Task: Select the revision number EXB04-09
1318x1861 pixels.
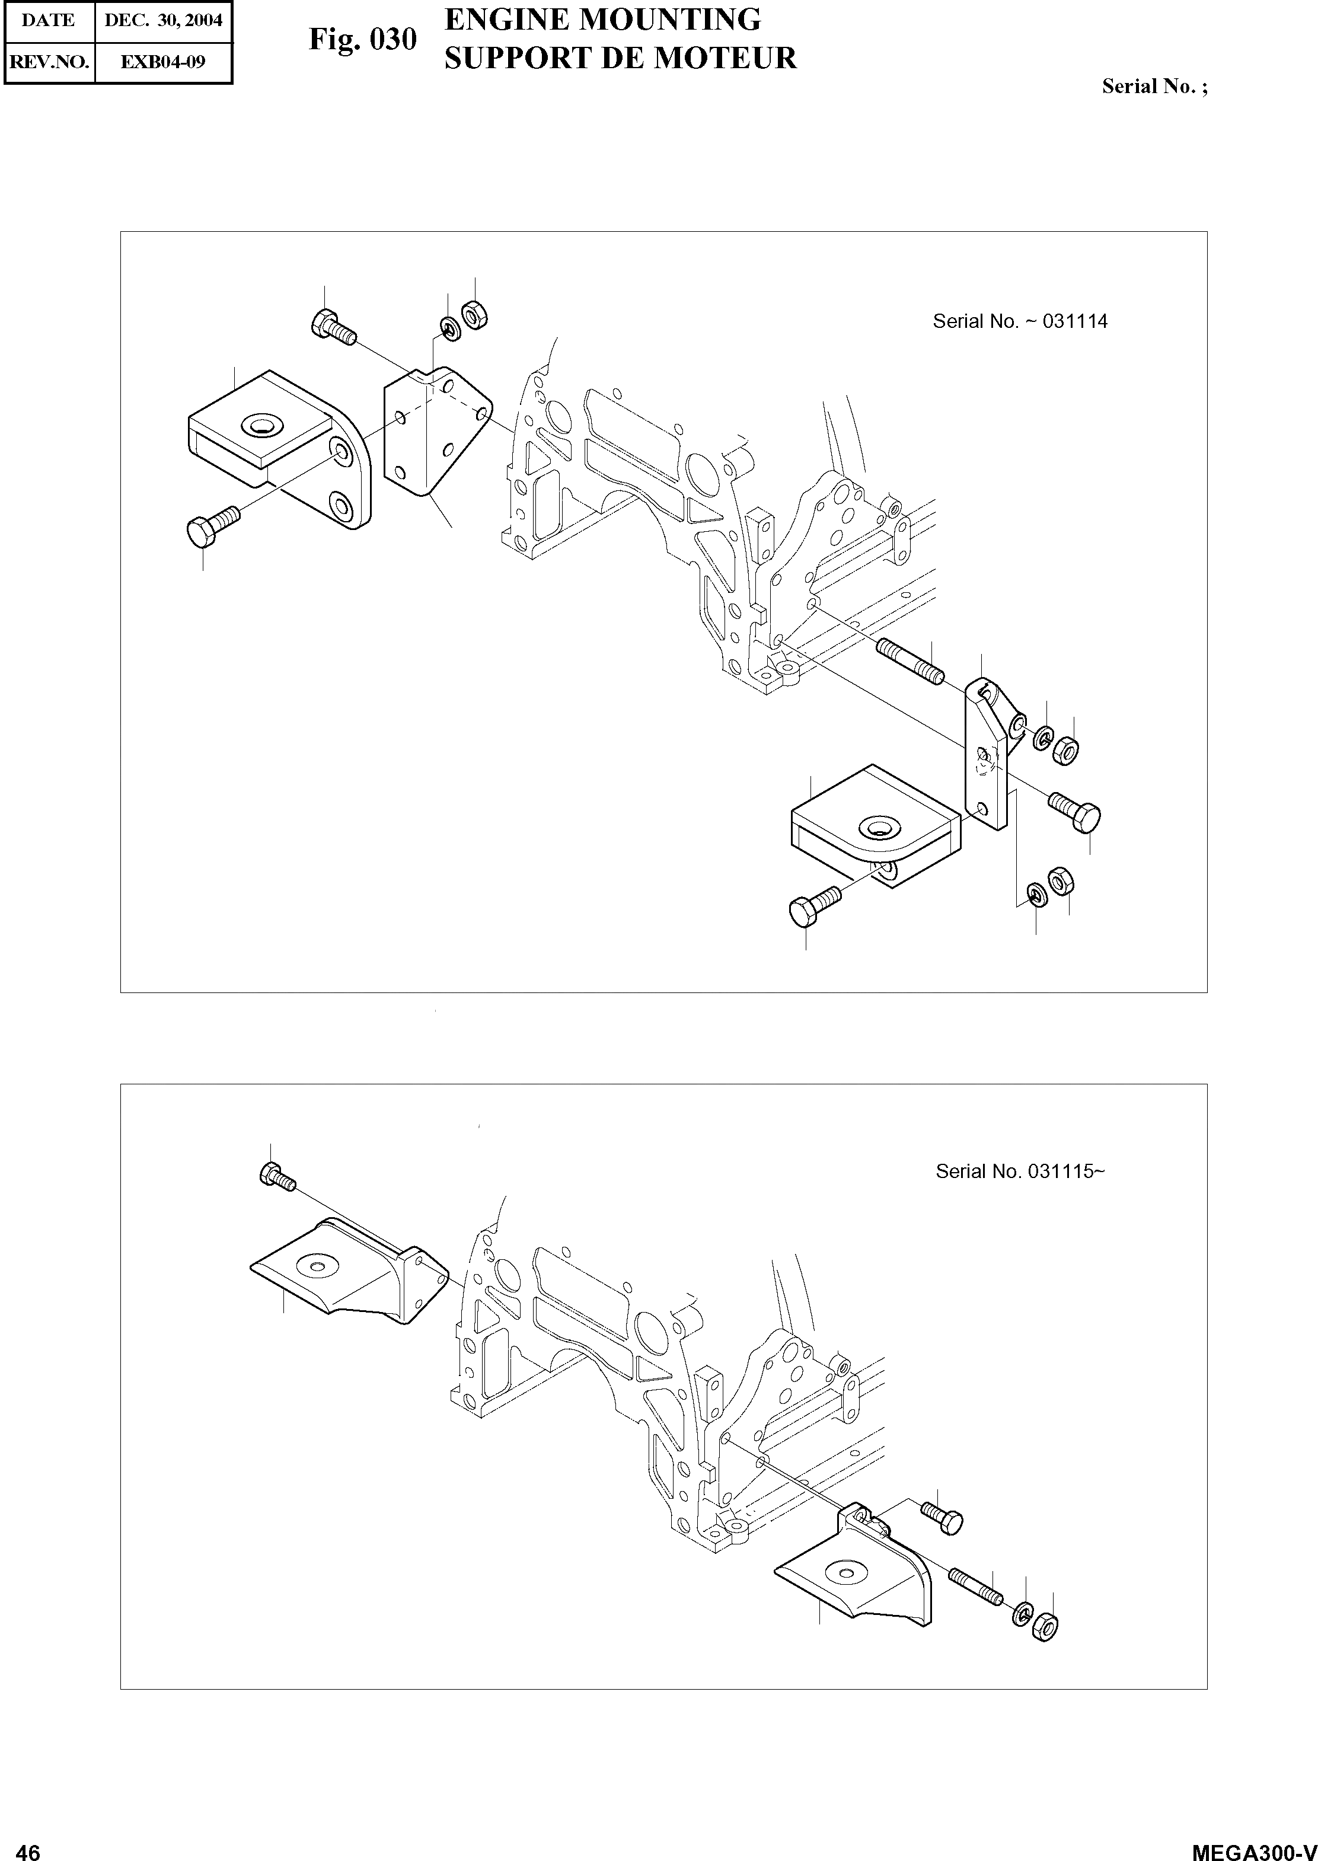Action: pos(163,62)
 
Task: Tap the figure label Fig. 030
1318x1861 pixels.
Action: pos(363,39)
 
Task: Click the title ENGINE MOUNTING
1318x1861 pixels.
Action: pos(603,20)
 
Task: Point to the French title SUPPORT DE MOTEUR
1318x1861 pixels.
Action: pos(621,59)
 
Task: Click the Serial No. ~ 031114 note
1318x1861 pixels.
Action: pos(1019,321)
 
